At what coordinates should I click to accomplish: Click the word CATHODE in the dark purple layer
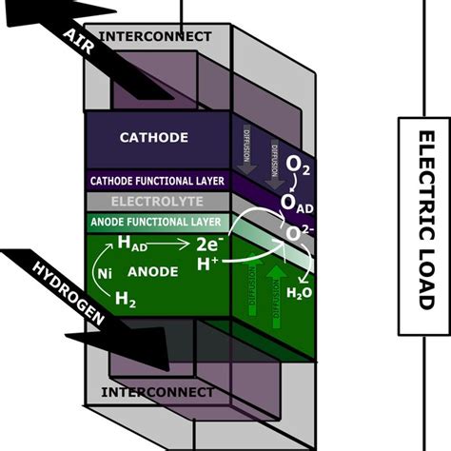click(154, 137)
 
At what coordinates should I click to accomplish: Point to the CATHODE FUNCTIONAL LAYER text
click(156, 180)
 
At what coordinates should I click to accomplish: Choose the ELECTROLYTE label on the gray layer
click(156, 201)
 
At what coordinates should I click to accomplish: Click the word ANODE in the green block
click(153, 272)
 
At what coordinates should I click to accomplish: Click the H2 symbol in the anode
click(126, 302)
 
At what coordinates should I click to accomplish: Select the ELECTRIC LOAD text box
click(423, 225)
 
